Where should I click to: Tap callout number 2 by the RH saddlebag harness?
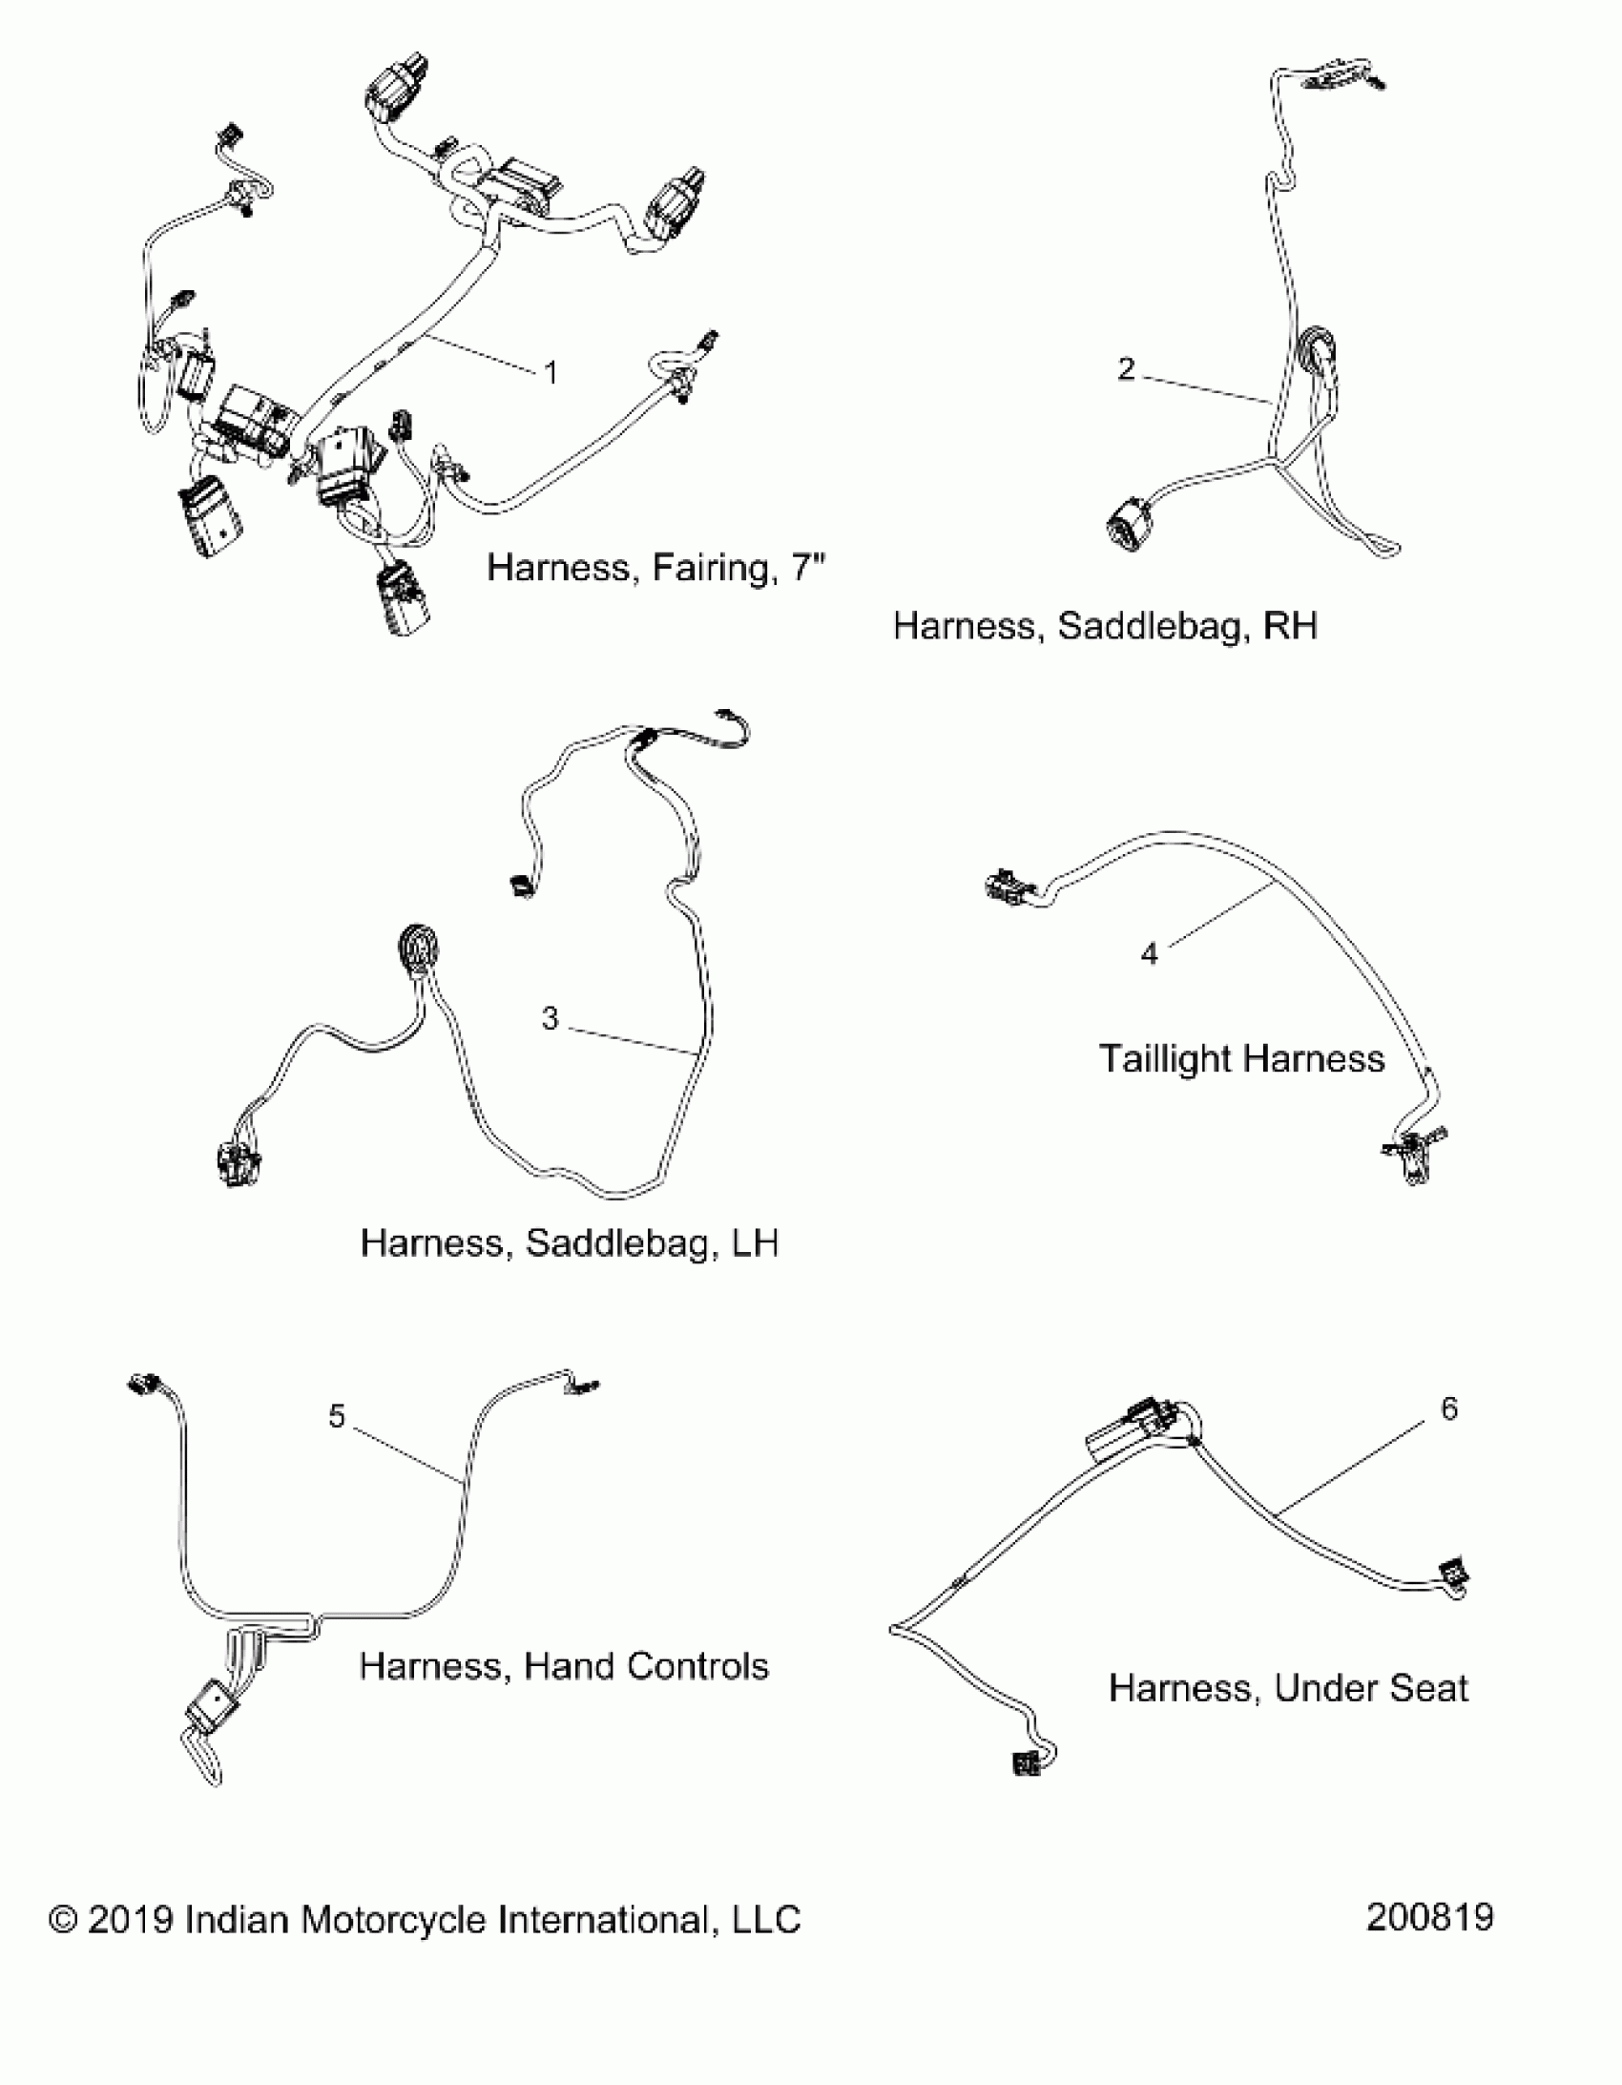click(1127, 368)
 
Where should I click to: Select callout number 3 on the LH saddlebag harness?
click(550, 1018)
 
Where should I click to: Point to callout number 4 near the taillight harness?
click(1150, 952)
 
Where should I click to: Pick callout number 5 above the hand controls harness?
click(336, 1416)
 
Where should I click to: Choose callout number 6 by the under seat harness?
click(1448, 1409)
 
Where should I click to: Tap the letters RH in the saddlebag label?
click(1290, 626)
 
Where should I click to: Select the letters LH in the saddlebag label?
click(753, 1243)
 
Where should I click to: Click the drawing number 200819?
click(1429, 1917)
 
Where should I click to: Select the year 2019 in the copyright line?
click(130, 1920)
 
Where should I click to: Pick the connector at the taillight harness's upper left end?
click(1005, 886)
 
